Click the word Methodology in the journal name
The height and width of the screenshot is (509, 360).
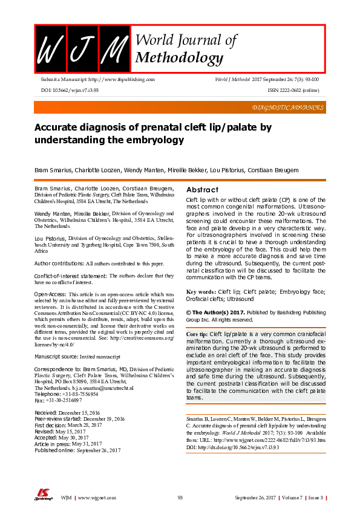pyautogui.click(x=179, y=58)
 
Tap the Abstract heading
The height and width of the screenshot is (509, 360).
pyautogui.click(x=202, y=189)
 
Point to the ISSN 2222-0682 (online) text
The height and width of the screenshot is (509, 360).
pyautogui.click(x=293, y=89)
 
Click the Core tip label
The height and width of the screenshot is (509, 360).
pyautogui.click(x=196, y=334)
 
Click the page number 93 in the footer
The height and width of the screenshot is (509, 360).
pyautogui.click(x=180, y=498)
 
